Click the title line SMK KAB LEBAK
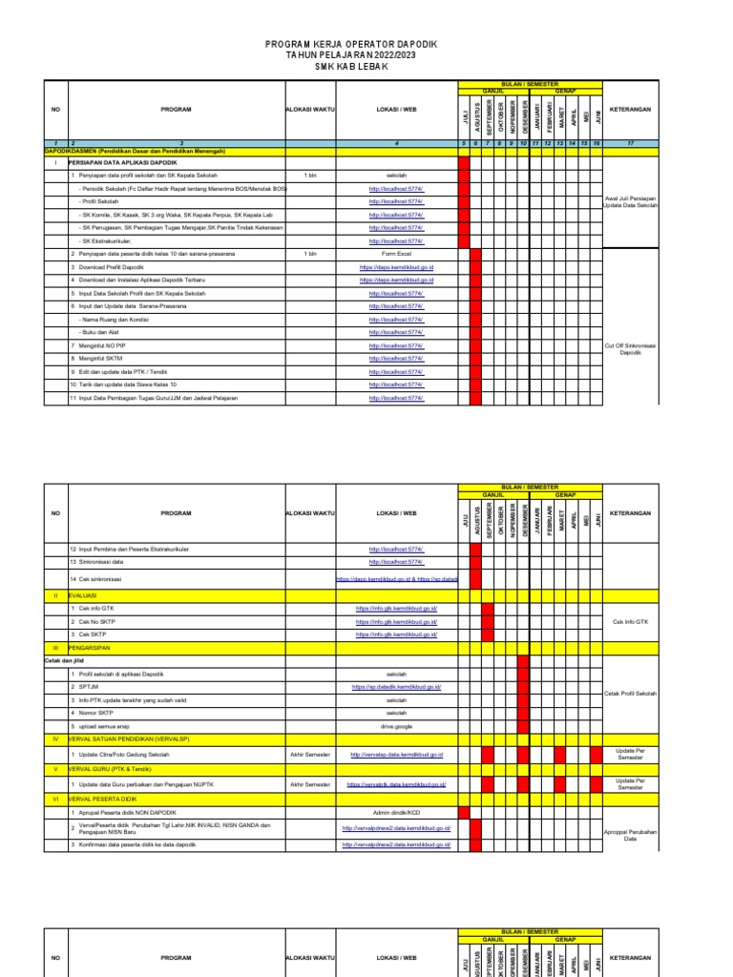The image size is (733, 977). [x=366, y=67]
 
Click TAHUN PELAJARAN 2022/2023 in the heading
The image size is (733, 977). [x=366, y=56]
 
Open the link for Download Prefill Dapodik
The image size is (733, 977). [x=396, y=268]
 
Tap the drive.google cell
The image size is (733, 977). [x=396, y=726]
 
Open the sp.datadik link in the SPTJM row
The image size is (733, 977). [x=396, y=687]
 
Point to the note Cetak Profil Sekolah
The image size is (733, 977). [x=631, y=694]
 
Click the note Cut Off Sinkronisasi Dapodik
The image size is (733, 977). [x=631, y=349]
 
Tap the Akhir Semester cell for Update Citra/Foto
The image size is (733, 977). [x=310, y=754]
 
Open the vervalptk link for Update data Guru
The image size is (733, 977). [x=396, y=784]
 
